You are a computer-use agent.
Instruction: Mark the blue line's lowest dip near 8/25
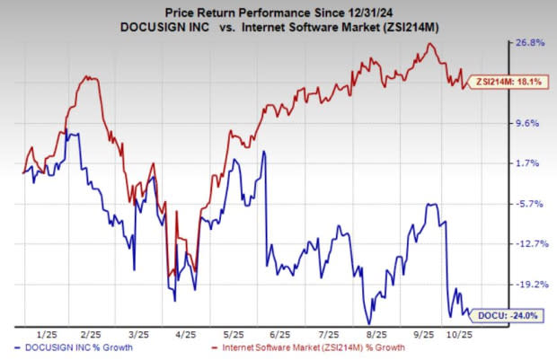point(368,323)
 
